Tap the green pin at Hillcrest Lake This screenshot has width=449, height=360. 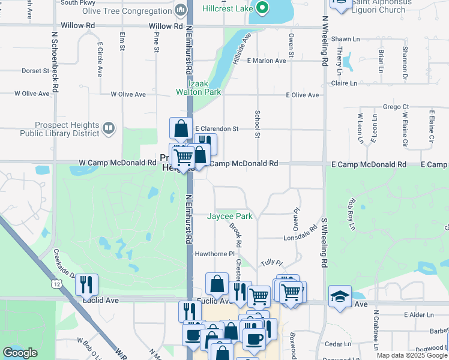[262, 8]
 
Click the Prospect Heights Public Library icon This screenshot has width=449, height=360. [109, 128]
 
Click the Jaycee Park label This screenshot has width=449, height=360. [230, 216]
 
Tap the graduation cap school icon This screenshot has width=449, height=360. [340, 296]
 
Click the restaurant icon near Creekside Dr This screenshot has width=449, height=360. [86, 284]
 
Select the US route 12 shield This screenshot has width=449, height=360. [56, 283]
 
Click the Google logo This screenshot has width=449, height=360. [20, 353]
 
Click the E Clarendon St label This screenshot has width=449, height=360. [217, 128]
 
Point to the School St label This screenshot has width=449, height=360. [257, 124]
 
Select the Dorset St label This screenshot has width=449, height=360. [35, 71]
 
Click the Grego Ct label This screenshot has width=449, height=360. [396, 107]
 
